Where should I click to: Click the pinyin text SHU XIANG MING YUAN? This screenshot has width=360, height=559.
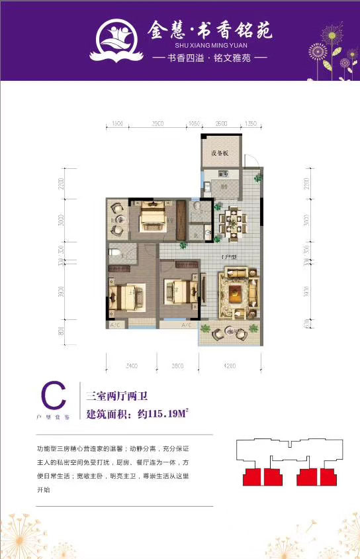(x=210, y=46)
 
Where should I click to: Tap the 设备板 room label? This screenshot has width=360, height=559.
(x=220, y=154)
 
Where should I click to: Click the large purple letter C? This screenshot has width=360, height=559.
(x=54, y=397)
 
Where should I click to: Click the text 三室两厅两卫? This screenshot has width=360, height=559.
(x=117, y=397)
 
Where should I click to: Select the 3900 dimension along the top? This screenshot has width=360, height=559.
(x=157, y=123)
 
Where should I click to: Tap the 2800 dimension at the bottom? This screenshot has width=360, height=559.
(x=177, y=366)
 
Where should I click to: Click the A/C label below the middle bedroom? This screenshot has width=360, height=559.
(x=186, y=325)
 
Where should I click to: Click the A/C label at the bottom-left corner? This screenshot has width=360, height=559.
(x=114, y=325)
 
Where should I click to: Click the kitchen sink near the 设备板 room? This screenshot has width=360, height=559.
(x=225, y=176)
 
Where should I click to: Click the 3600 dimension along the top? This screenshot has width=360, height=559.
(x=222, y=123)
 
